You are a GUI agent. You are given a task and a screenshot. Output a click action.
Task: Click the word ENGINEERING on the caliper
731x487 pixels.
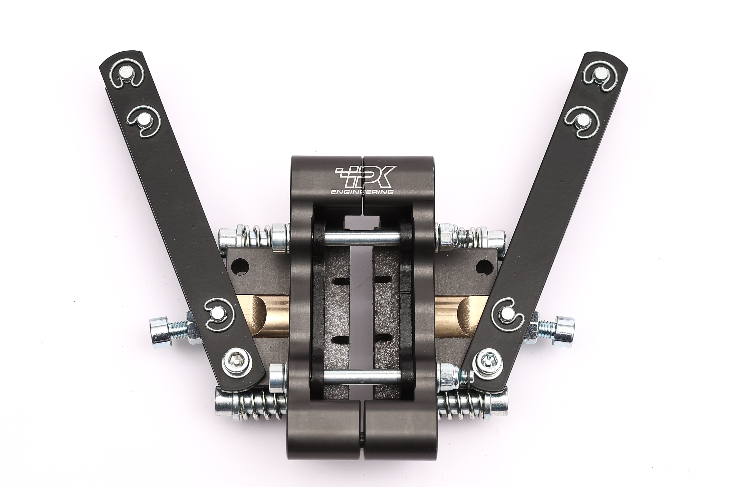(x=362, y=192)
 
